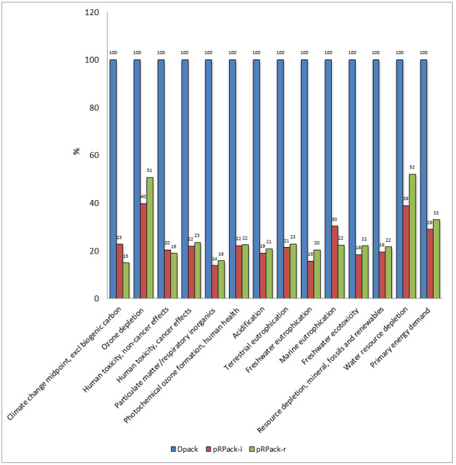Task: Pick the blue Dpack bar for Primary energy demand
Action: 423,179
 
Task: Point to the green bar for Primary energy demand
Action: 436,259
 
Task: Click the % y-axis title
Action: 77,151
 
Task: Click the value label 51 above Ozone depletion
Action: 150,170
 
